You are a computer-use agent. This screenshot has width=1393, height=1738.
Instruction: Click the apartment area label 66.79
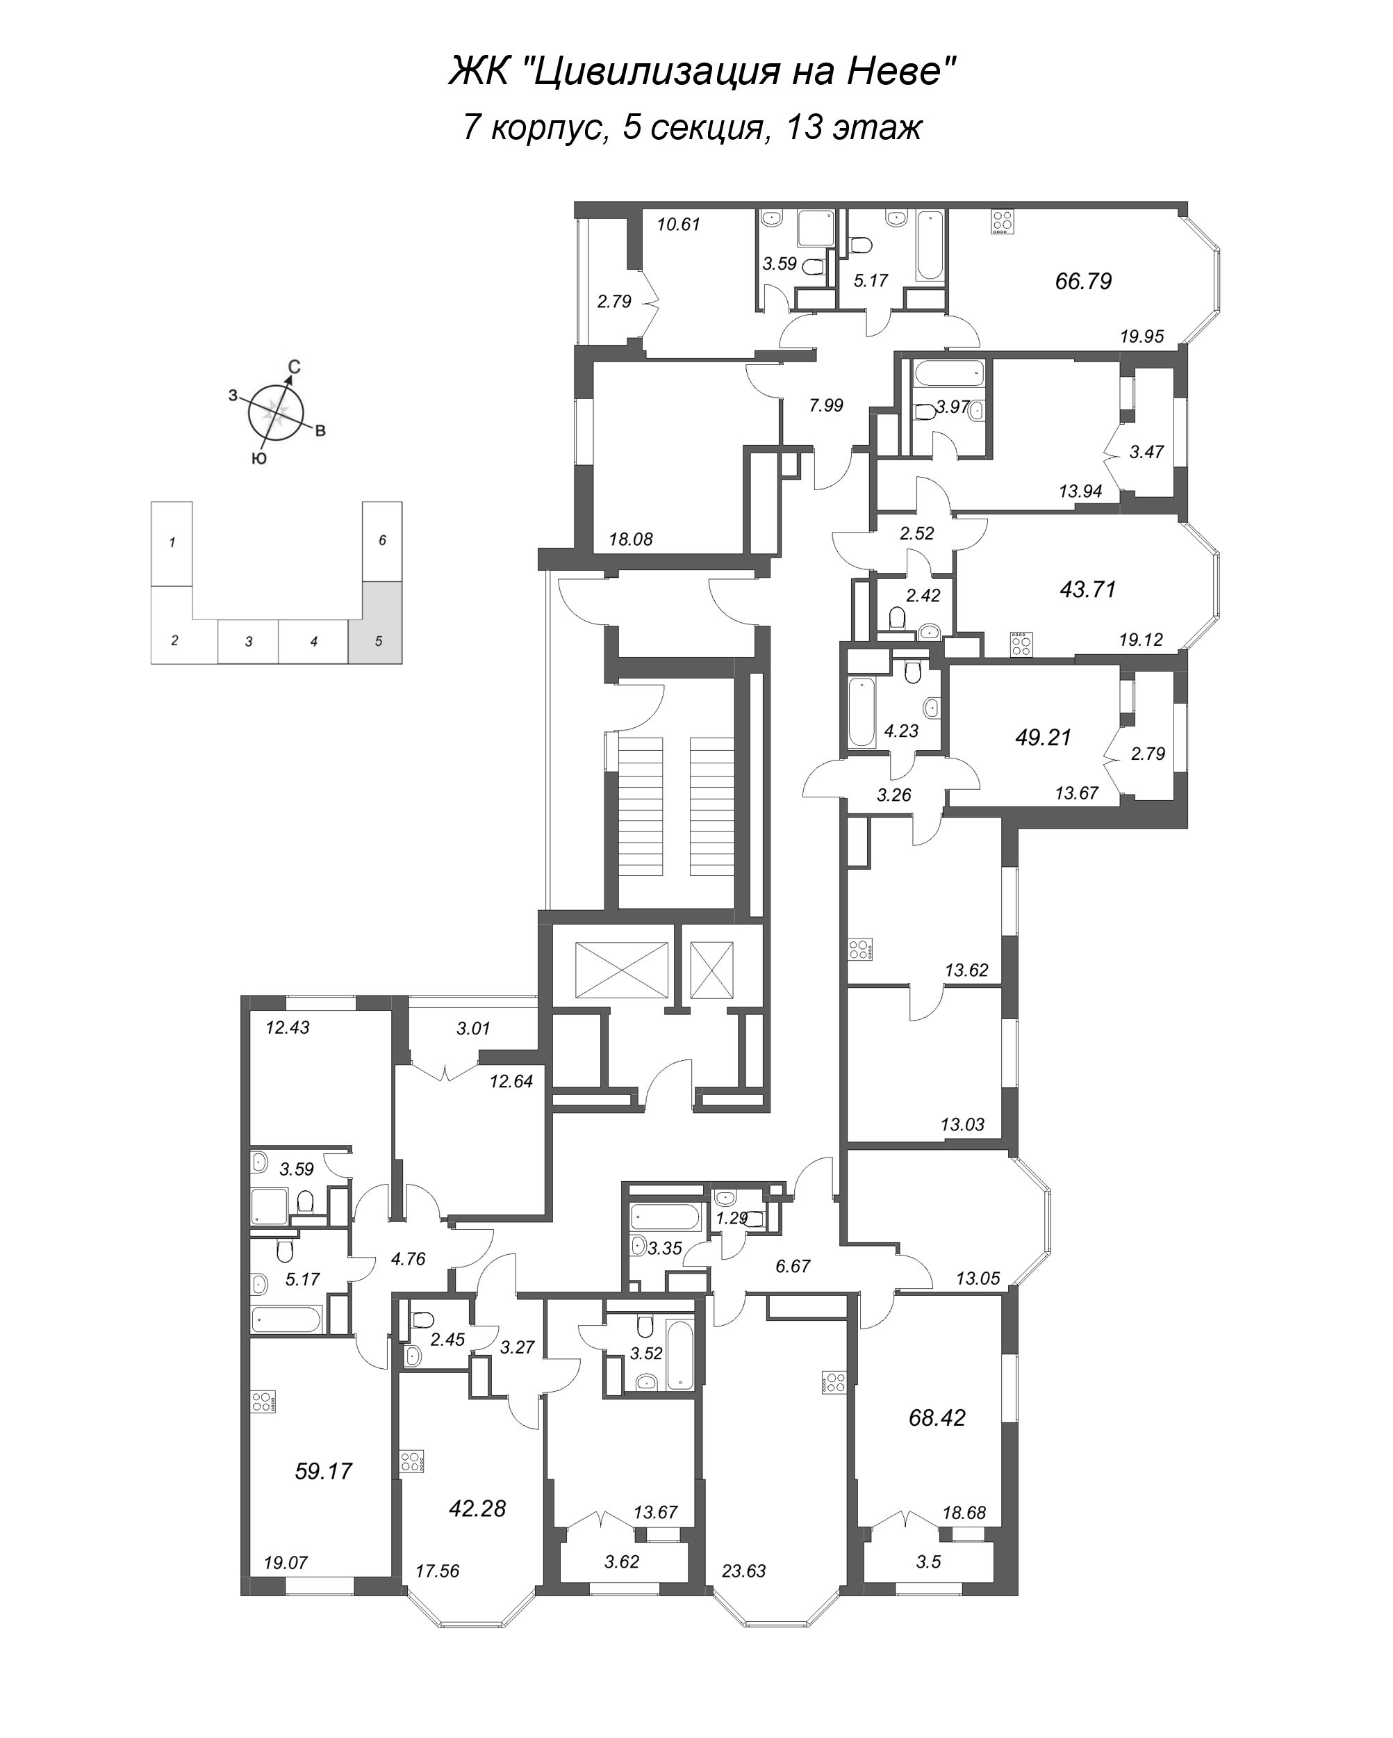1083,282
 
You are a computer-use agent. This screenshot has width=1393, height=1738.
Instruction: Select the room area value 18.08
631,539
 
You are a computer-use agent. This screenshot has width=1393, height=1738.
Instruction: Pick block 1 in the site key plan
172,542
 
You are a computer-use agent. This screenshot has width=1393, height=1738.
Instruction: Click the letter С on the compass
295,367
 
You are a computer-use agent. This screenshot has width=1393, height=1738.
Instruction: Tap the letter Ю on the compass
258,458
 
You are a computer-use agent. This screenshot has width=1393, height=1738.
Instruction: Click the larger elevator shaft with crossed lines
622,970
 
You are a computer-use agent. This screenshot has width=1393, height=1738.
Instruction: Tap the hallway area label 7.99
826,405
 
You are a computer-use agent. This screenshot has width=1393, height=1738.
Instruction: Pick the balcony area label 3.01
473,1029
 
